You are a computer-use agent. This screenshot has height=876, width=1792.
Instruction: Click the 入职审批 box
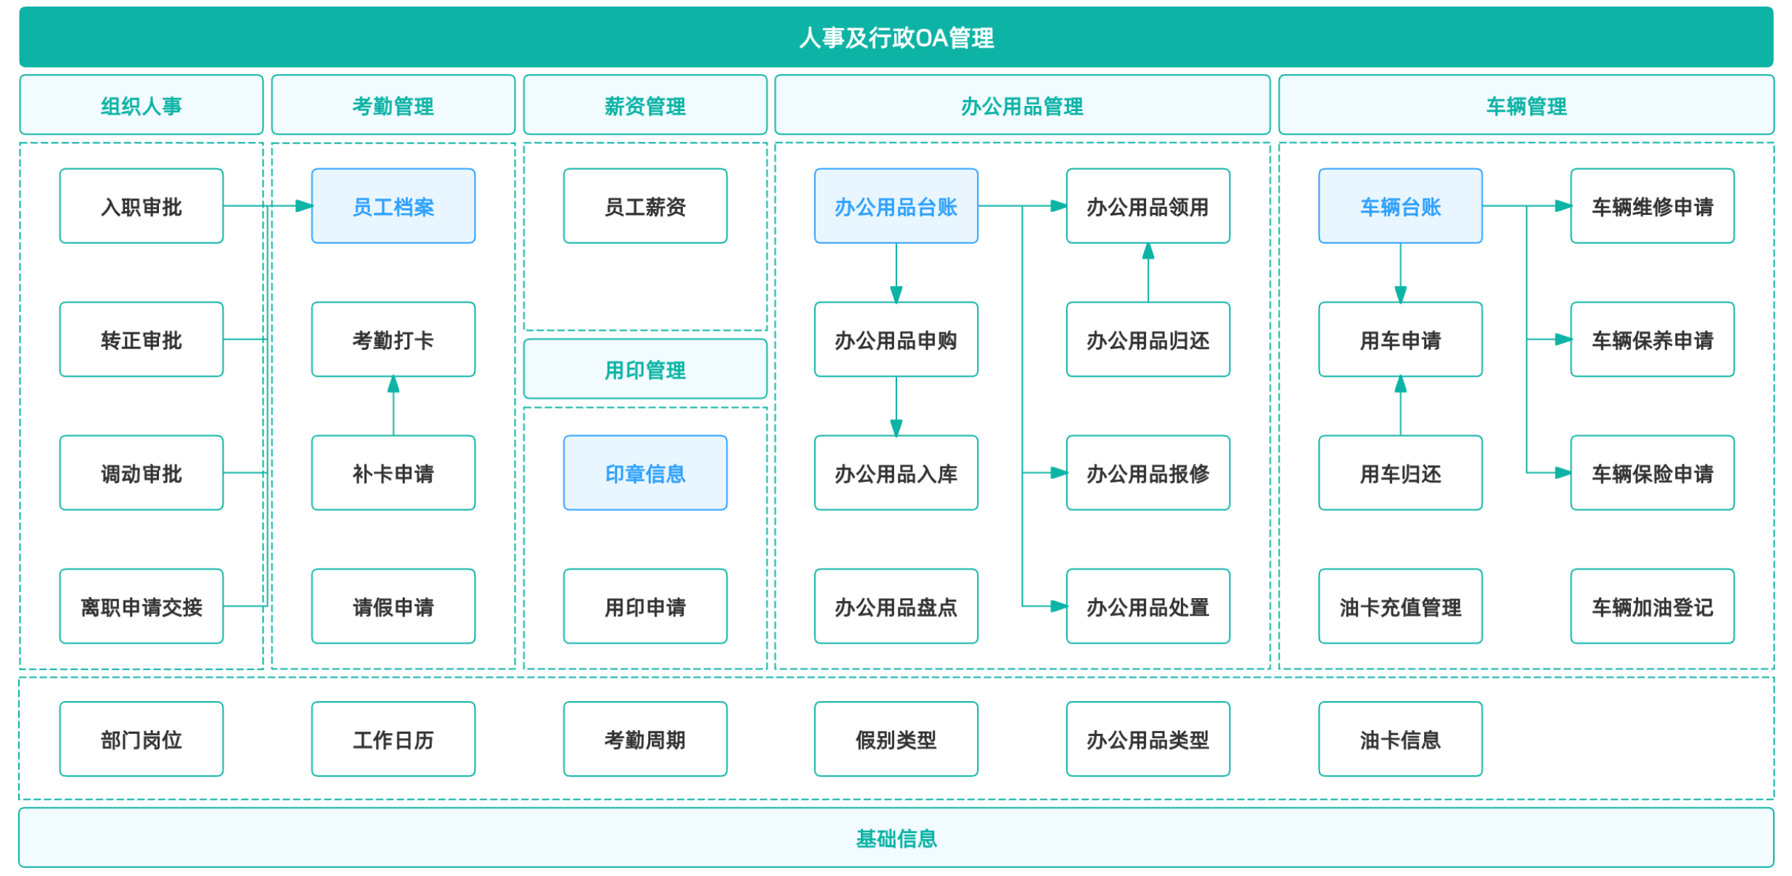[x=142, y=206]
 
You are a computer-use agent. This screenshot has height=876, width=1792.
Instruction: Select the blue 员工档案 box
[x=393, y=206]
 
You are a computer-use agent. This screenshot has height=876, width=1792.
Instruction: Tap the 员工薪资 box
[x=645, y=206]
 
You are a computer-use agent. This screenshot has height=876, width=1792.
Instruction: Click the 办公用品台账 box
[x=896, y=206]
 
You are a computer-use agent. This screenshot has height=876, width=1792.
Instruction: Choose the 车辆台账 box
[x=1401, y=206]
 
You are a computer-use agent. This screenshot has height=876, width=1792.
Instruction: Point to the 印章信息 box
[x=645, y=472]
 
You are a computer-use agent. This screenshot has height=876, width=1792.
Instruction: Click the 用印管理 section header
[x=645, y=369]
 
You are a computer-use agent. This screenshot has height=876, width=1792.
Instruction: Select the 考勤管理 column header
[x=393, y=105]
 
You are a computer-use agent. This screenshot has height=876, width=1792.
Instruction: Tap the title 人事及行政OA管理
[x=896, y=37]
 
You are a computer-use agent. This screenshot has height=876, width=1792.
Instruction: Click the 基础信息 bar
[x=896, y=838]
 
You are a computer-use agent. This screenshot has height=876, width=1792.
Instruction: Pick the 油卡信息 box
[x=1401, y=739]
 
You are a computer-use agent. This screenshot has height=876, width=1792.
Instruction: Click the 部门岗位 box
[x=142, y=739]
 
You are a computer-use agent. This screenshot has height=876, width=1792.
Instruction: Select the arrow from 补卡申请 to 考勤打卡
[x=393, y=406]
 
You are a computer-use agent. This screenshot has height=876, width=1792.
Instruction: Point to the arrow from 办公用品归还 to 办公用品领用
[x=1148, y=273]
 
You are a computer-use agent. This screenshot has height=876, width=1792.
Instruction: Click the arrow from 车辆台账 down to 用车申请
[x=1401, y=273]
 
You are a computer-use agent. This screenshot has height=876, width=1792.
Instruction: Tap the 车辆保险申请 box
[x=1653, y=472]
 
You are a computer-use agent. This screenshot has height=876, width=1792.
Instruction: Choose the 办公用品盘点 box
[x=896, y=606]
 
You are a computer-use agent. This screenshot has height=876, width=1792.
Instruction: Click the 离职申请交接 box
[x=142, y=606]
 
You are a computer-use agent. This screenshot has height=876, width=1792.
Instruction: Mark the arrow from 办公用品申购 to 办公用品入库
[x=896, y=406]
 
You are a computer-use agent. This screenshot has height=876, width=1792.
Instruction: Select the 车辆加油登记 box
[x=1653, y=606]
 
